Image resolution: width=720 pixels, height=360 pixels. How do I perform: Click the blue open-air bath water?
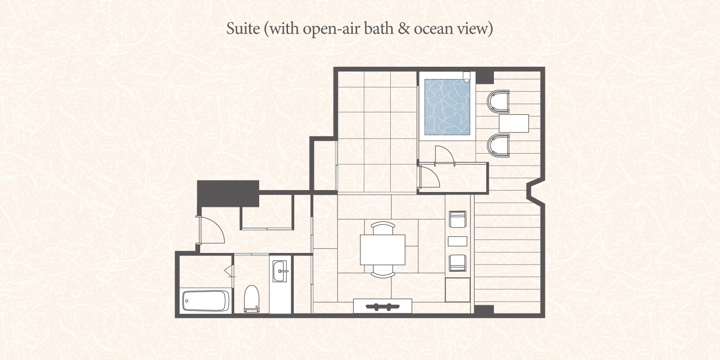447,107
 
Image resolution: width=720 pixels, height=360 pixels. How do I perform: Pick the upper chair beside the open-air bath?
498,102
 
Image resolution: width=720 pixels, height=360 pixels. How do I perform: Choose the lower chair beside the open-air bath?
498,145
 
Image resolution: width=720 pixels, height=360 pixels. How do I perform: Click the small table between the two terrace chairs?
514,123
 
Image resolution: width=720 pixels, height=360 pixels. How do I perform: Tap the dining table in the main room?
383,250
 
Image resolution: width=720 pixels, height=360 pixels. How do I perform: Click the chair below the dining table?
383,271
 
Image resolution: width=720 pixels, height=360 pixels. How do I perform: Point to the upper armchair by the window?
457,219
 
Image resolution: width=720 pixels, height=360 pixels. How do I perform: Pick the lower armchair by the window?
457,263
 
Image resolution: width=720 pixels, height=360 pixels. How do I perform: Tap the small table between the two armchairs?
457,241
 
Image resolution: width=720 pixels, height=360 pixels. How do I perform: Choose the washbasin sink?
280,271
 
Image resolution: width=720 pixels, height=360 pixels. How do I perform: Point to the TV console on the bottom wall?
383,306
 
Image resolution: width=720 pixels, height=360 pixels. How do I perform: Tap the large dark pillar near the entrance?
228,193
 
